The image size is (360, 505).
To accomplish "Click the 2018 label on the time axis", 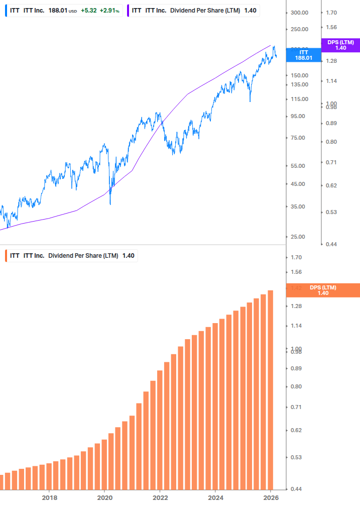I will [49, 497].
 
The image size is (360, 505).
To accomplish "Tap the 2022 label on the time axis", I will [160, 497].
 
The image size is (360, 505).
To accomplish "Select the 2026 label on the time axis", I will [270, 497].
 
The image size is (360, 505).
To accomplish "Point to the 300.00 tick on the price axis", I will [300, 13].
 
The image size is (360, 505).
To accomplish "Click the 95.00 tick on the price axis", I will [298, 116].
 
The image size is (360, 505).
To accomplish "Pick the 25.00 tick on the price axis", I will [298, 237].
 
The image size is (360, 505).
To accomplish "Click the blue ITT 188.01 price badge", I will [303, 55].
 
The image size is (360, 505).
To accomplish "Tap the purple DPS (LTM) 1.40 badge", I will [340, 45].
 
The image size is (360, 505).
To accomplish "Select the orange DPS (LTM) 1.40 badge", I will [322, 290].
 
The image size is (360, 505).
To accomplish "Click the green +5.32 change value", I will [89, 10].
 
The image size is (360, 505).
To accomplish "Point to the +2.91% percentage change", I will [109, 10].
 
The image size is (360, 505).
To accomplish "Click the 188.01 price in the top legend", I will [58, 10].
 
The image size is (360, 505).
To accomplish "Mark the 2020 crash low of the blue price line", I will [110, 204].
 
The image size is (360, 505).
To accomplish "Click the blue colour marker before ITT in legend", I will [6, 10].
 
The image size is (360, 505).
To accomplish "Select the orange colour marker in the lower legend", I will [6, 256].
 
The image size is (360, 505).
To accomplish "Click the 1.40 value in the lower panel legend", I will [128, 256].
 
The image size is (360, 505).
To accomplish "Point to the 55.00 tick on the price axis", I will [298, 165].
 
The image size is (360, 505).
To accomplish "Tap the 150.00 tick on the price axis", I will [300, 75].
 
